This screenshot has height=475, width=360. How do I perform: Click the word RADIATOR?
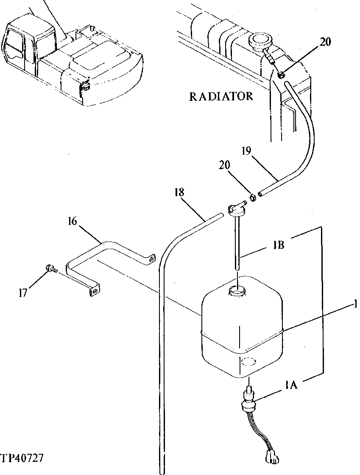pos(220,97)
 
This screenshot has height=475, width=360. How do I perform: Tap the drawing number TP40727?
pos(22,458)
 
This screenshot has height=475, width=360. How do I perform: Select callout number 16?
pos(73,222)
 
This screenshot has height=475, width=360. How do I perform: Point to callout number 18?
pos(179,192)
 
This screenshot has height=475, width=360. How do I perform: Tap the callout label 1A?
pos(292,385)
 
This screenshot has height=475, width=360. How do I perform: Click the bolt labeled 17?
pos(51,268)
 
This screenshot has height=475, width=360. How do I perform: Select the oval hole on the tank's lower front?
pos(248,361)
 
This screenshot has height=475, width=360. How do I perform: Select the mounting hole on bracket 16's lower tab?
pos(95,291)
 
